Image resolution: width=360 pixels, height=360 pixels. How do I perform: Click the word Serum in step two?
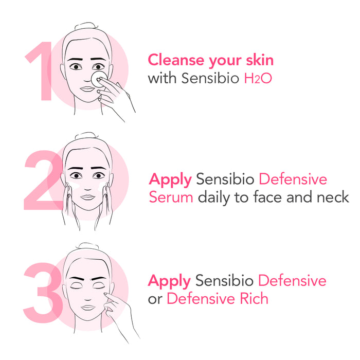click(171, 197)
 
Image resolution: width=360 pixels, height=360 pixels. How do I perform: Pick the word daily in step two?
click(214, 197)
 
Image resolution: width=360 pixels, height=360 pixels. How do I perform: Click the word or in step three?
click(155, 299)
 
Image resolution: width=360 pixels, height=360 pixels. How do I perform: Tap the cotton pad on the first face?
click(99, 78)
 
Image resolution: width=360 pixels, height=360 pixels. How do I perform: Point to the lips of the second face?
click(89, 196)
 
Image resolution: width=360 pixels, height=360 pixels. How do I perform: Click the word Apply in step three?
click(169, 281)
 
